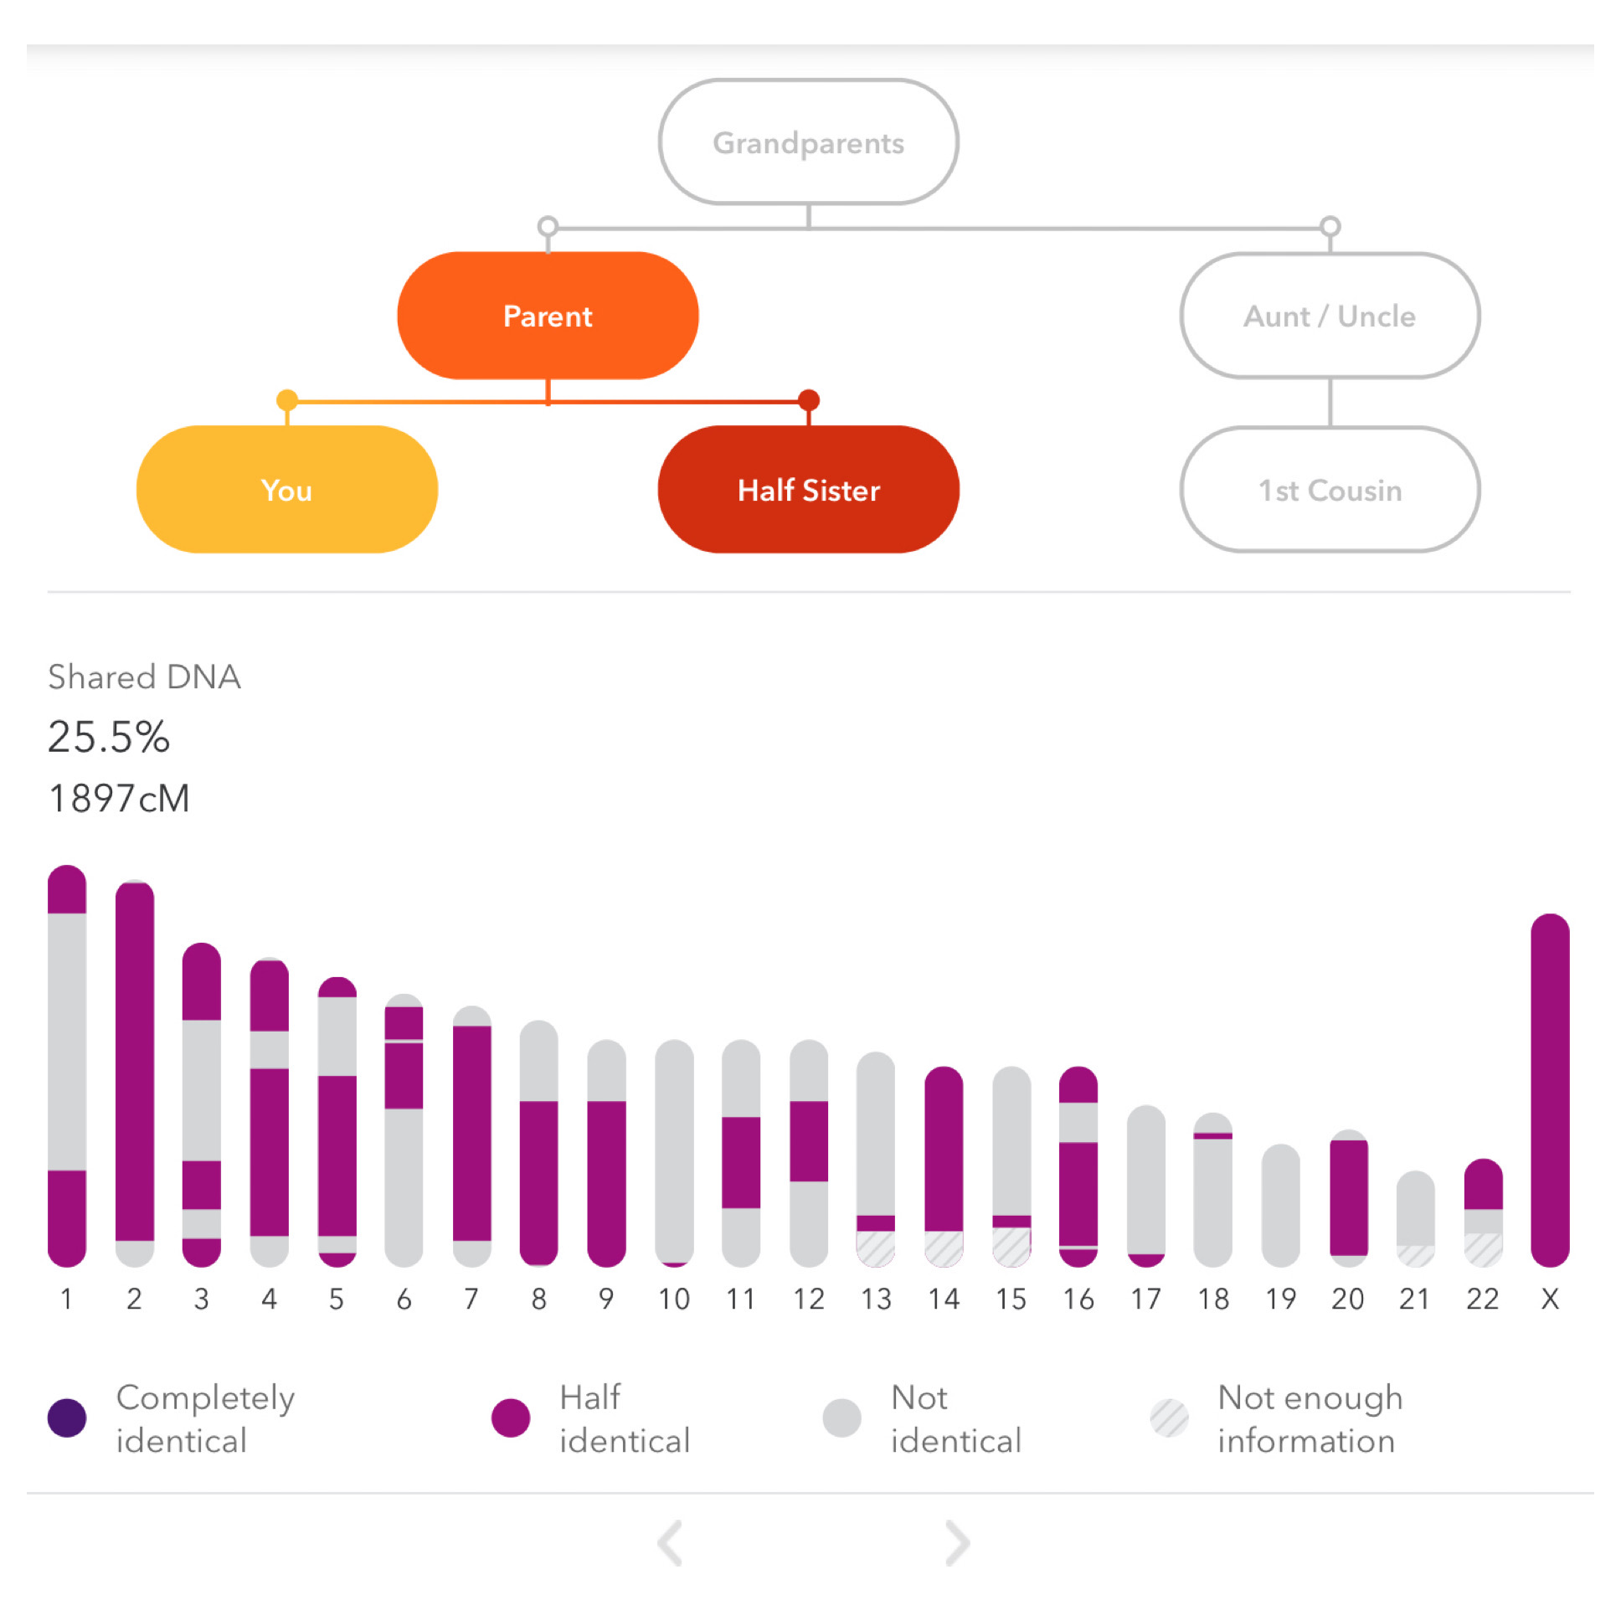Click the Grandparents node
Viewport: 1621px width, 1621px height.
coord(808,142)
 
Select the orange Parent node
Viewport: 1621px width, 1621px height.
coord(548,316)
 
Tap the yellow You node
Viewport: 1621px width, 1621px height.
coord(287,489)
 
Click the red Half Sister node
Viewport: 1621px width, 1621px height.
coord(808,489)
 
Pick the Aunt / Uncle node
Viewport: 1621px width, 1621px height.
coord(1329,316)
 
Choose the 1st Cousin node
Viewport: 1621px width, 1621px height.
coord(1329,489)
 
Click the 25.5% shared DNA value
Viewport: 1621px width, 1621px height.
coord(109,737)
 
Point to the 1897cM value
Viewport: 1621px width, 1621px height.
coord(119,798)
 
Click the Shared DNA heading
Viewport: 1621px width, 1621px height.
coord(144,677)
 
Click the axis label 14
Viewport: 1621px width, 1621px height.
coord(943,1299)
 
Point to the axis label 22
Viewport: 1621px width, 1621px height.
coord(1482,1299)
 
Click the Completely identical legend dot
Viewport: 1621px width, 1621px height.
coord(67,1418)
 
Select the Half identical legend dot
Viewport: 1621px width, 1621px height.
coord(510,1418)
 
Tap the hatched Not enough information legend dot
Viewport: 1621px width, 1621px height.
coord(1169,1418)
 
